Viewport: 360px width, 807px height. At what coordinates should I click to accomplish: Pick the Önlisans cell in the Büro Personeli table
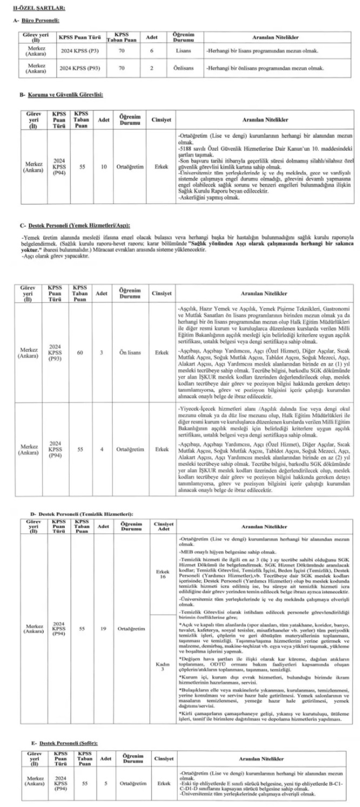183,68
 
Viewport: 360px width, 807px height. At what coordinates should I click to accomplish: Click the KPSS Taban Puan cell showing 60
80,353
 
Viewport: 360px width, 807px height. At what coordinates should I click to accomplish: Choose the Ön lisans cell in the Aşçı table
131,353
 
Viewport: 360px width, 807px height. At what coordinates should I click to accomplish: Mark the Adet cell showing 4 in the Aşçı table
101,450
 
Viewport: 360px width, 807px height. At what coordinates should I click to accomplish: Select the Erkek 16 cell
163,574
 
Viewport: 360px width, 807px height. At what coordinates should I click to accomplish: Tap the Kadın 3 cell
163,667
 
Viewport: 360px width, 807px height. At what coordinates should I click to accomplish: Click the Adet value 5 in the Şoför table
105,783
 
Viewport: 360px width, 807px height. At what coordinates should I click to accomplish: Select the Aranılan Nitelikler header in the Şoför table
263,759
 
